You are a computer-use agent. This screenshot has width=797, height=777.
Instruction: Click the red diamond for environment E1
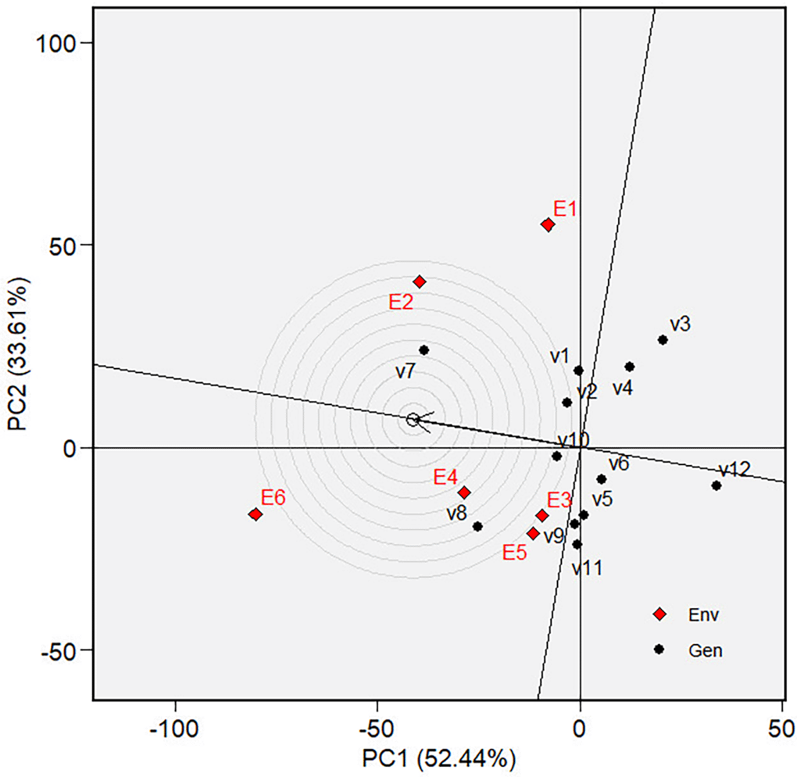pyautogui.click(x=548, y=225)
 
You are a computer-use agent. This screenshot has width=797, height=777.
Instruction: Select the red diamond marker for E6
pyautogui.click(x=255, y=514)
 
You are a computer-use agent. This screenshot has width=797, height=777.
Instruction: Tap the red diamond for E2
pyautogui.click(x=420, y=282)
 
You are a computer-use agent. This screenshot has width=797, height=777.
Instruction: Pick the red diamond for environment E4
pyautogui.click(x=464, y=493)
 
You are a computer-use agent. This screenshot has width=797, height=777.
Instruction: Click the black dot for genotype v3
pyautogui.click(x=663, y=340)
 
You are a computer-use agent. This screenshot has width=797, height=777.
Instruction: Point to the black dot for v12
pyautogui.click(x=716, y=485)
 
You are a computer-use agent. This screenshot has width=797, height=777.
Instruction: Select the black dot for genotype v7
pyautogui.click(x=424, y=350)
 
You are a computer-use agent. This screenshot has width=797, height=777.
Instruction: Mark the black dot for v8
pyautogui.click(x=477, y=527)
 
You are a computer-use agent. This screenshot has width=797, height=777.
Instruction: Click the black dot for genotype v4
pyautogui.click(x=629, y=367)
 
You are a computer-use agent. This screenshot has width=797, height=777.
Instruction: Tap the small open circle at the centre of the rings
pyautogui.click(x=413, y=419)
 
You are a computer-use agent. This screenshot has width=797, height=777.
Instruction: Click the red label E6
pyautogui.click(x=273, y=498)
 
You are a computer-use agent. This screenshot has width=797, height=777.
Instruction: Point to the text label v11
pyautogui.click(x=587, y=568)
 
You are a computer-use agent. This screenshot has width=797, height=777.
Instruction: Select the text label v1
pyautogui.click(x=559, y=356)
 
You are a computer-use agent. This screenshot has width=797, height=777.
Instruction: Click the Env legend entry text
pyautogui.click(x=703, y=615)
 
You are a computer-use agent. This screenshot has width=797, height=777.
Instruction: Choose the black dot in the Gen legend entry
pyautogui.click(x=659, y=649)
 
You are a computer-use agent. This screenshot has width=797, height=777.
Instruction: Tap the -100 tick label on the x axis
pyautogui.click(x=175, y=729)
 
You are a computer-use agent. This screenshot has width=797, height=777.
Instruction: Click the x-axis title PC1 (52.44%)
pyautogui.click(x=439, y=759)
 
